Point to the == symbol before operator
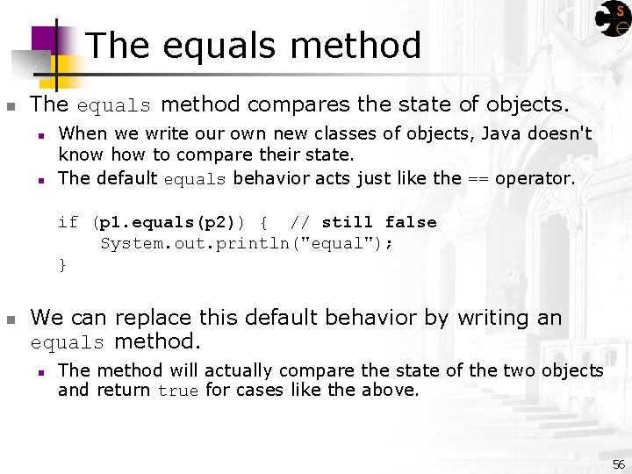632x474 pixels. click(478, 178)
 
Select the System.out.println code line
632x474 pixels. click(247, 243)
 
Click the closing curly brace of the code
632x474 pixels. click(62, 264)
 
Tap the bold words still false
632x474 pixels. click(379, 222)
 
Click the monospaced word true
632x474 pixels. click(178, 391)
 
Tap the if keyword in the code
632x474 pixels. click(68, 222)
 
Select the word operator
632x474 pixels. click(534, 178)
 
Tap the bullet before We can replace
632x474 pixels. click(11, 319)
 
